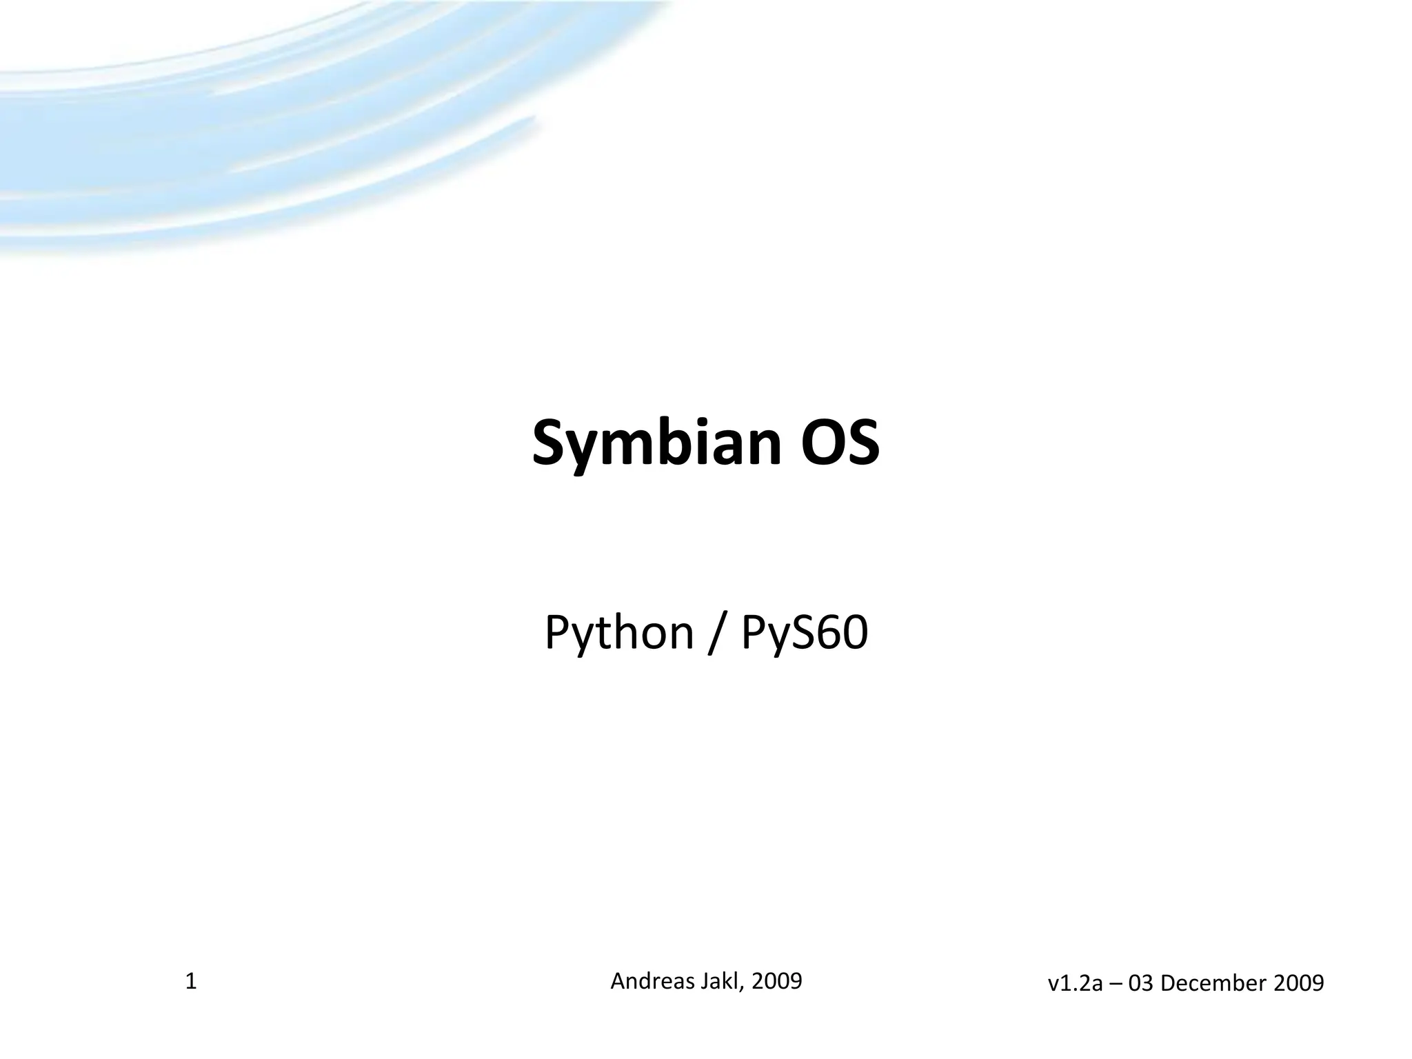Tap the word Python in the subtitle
(618, 632)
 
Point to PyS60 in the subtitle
(804, 632)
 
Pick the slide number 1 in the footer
(191, 980)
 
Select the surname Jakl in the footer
(723, 980)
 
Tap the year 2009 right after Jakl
(777, 980)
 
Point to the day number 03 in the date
(1141, 983)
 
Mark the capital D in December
(1167, 983)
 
